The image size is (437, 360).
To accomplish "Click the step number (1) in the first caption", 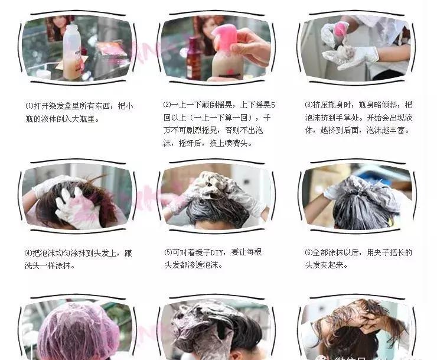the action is pyautogui.click(x=30, y=106).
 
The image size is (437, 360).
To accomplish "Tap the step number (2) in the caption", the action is pyautogui.click(x=167, y=105).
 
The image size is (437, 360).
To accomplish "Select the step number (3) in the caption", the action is pyautogui.click(x=308, y=105).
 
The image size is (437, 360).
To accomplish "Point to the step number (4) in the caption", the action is pyautogui.click(x=28, y=253).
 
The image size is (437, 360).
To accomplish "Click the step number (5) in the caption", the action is pyautogui.click(x=168, y=252).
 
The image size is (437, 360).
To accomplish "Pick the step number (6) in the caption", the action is pyautogui.click(x=308, y=252).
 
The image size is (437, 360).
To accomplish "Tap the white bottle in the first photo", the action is pyautogui.click(x=72, y=52).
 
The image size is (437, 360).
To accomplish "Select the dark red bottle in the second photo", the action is pyautogui.click(x=194, y=58).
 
